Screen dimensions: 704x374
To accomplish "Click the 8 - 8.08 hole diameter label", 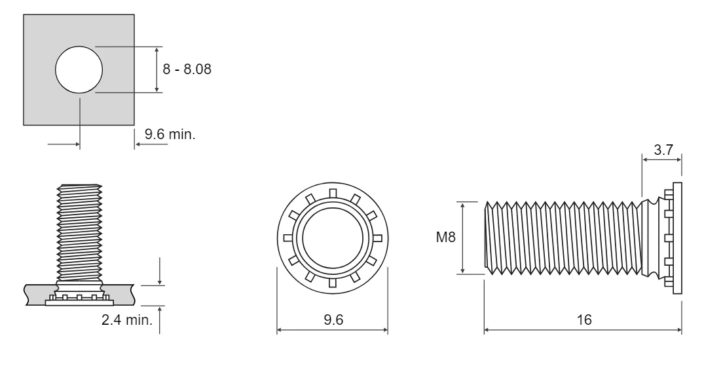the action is [x=187, y=70].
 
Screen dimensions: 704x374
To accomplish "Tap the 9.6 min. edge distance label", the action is [x=170, y=134].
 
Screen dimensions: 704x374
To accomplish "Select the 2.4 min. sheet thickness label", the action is [x=127, y=320].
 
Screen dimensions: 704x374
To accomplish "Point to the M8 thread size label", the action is [x=445, y=237].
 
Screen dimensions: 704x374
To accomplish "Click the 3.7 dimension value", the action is [x=663, y=150].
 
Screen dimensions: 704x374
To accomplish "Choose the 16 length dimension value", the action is [x=584, y=320].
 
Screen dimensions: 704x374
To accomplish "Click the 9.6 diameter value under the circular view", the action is [x=333, y=320].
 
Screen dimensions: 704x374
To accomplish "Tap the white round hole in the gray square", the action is [x=79, y=70].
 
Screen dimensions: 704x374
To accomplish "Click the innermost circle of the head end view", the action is [x=333, y=238].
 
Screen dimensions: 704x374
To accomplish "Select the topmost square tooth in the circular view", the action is [x=333, y=193].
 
